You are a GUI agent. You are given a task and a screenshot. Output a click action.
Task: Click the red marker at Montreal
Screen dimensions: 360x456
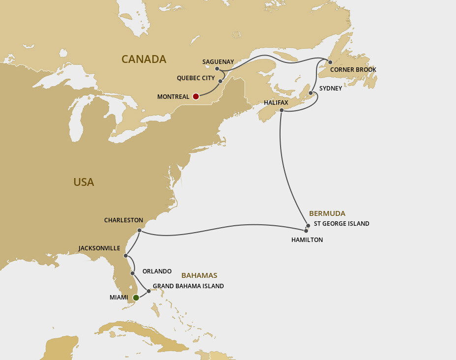point(196,96)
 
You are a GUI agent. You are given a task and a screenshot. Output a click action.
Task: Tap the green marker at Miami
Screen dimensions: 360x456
point(136,298)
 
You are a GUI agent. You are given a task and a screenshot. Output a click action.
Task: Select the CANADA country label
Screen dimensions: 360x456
point(143,60)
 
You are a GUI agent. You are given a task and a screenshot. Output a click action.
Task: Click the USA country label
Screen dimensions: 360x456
point(84,182)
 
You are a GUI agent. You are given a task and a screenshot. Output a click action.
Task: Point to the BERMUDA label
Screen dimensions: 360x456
point(327,213)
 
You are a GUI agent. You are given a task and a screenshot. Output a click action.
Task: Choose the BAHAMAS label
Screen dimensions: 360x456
point(199,276)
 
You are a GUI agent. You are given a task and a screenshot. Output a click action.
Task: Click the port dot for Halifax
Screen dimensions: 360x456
point(282,110)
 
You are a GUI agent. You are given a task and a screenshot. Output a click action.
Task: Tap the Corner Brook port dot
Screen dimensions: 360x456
point(330,62)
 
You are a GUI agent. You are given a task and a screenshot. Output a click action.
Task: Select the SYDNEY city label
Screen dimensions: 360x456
point(330,89)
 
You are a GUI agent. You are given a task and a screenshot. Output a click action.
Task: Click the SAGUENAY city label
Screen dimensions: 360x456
point(218,62)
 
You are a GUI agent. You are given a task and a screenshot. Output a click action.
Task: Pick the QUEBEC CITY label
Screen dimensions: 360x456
point(196,78)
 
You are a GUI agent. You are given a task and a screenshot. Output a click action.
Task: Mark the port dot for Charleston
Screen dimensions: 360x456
point(140,230)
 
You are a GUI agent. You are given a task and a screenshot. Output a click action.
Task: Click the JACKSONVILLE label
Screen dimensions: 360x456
point(99,248)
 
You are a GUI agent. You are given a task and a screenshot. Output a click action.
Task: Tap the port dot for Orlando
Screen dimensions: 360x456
point(133,273)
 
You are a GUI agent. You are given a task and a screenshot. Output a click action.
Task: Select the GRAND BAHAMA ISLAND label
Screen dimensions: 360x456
point(188,286)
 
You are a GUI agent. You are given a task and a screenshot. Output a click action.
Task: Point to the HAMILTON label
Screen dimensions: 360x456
point(307,240)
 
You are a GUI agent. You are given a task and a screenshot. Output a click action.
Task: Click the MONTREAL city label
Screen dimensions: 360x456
point(173,97)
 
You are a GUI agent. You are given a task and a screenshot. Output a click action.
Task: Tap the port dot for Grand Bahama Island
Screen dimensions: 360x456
point(149,291)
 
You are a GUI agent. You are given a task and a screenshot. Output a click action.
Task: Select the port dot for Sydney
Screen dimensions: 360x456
point(311,93)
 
